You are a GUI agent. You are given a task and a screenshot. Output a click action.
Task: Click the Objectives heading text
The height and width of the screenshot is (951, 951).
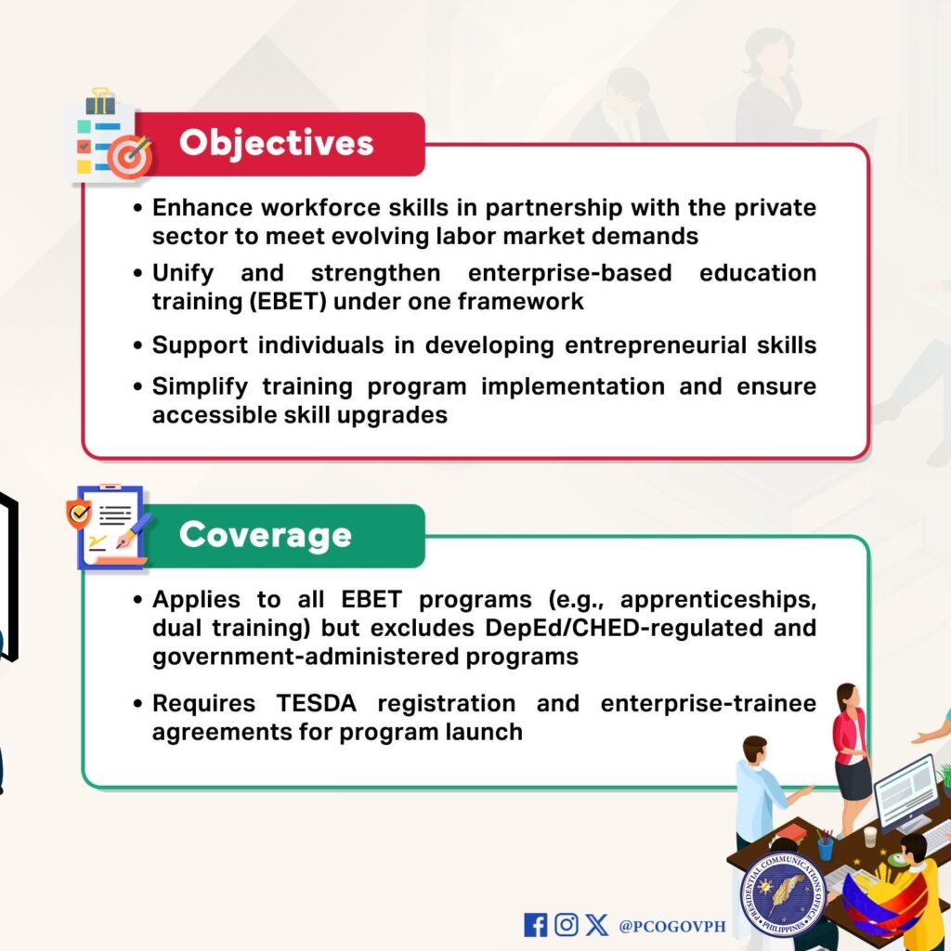[276, 144]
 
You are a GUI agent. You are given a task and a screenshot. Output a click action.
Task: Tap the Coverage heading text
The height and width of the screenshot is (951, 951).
[265, 535]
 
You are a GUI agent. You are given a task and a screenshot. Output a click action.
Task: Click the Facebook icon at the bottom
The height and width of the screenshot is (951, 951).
[535, 925]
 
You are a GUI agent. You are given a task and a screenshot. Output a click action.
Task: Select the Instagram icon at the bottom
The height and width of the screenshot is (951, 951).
[566, 924]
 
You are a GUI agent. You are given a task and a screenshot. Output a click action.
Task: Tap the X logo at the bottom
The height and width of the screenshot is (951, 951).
[597, 925]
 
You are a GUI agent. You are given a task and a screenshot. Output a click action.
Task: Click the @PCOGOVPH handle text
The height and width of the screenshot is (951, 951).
[672, 926]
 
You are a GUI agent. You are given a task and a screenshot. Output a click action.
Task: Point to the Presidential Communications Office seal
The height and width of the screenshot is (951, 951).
[783, 894]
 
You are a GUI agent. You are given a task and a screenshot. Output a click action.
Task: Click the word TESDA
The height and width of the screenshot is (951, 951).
[316, 704]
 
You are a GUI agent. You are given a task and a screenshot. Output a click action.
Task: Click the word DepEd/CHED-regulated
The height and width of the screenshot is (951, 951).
[623, 628]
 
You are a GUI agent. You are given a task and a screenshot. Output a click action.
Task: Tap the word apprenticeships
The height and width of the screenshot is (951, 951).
[718, 600]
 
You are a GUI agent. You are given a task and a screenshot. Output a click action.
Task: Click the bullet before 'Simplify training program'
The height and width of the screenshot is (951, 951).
[138, 387]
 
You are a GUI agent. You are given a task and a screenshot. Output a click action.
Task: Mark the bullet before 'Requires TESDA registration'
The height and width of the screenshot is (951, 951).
[138, 704]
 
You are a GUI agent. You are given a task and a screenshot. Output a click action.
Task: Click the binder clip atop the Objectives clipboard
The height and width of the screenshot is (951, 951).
[100, 101]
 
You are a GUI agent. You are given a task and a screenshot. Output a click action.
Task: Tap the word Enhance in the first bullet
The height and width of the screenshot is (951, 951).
[202, 208]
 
